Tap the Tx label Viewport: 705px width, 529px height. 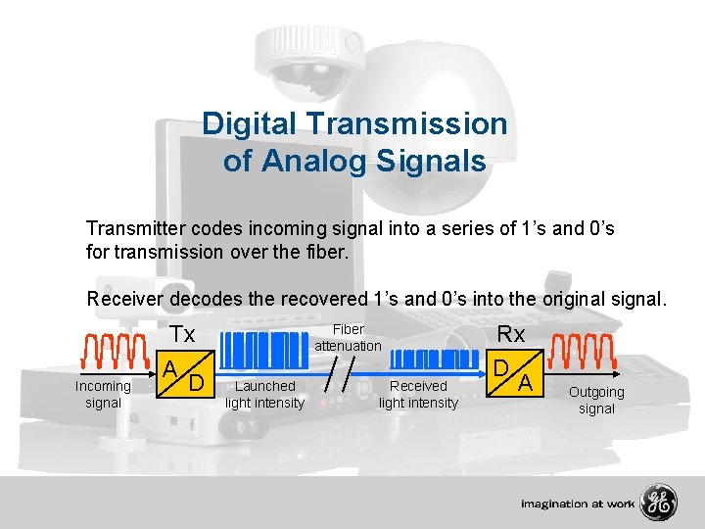click(182, 335)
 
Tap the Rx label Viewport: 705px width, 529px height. click(511, 334)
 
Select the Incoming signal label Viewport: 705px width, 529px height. click(103, 394)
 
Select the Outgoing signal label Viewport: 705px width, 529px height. click(596, 400)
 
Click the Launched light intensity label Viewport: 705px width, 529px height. click(265, 394)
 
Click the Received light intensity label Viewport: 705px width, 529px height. click(418, 394)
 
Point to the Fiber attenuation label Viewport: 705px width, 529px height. click(348, 337)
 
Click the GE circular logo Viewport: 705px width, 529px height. click(658, 504)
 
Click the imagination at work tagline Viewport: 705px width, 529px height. click(578, 505)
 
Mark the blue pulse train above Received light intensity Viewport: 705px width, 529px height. click(424, 359)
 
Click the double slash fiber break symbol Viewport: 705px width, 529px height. click(341, 374)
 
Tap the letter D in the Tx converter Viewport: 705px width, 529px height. click(197, 379)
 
